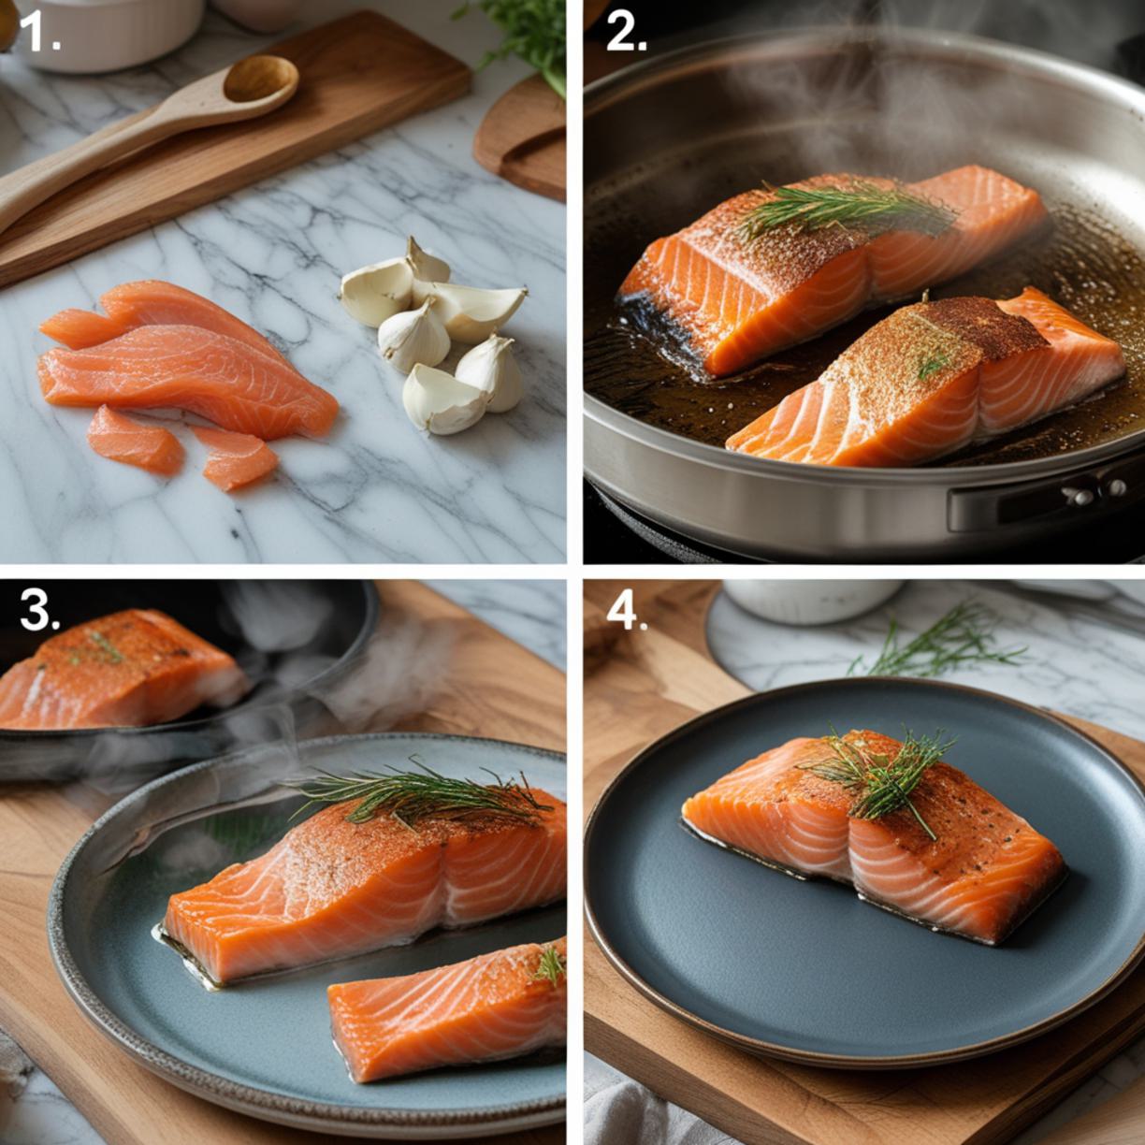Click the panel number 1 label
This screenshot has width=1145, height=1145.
[39, 34]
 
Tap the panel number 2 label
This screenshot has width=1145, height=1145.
[626, 33]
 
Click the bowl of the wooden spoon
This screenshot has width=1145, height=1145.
[260, 80]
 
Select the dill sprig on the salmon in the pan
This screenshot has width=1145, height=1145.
[844, 210]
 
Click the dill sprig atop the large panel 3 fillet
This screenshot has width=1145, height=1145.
[422, 793]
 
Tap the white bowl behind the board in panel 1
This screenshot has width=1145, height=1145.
[110, 33]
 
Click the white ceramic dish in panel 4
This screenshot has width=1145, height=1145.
[811, 601]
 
